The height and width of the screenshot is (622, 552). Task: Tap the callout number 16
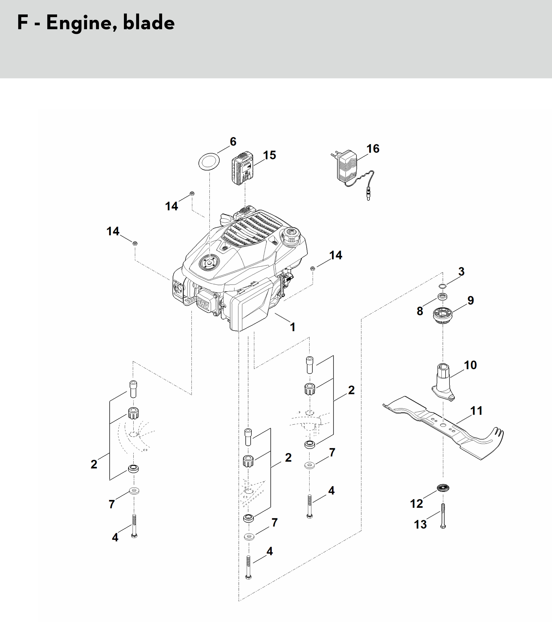[373, 149]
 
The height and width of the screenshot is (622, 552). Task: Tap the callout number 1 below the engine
[293, 327]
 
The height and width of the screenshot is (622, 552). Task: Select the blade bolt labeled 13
[443, 516]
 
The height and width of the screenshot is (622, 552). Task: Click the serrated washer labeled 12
[443, 488]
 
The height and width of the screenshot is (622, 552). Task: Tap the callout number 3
[461, 271]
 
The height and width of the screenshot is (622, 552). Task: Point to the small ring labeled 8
[442, 296]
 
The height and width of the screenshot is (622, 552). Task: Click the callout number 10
[470, 365]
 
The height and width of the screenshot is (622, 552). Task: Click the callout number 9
[471, 300]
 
